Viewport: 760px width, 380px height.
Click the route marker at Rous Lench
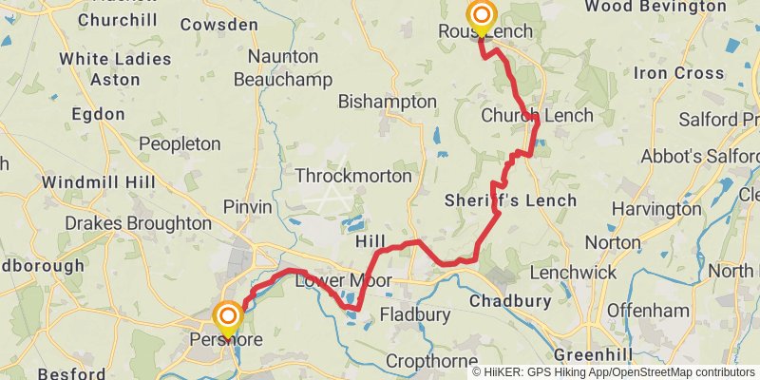tap(482, 16)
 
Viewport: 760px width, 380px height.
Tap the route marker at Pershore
tap(228, 316)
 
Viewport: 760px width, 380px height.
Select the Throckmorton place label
tap(353, 176)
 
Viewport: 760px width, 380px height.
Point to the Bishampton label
tap(388, 102)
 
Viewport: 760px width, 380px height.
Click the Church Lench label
tap(537, 116)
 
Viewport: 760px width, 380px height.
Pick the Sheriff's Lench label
tap(510, 200)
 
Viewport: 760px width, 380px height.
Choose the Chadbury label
tap(512, 301)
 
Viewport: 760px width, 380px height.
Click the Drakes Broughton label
tap(139, 223)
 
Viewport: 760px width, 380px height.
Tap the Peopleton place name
tap(180, 144)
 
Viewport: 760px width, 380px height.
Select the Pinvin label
tap(247, 206)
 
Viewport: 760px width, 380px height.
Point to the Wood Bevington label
tap(669, 7)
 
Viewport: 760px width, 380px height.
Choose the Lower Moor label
tap(330, 281)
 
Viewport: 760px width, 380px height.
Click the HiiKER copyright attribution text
tap(614, 371)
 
